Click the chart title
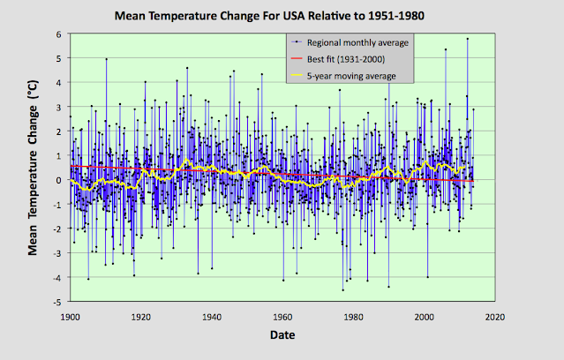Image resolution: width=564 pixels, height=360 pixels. [282, 16]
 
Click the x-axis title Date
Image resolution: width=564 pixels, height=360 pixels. [282, 335]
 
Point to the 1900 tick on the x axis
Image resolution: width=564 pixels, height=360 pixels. [70, 317]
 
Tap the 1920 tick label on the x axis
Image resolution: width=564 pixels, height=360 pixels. [141, 317]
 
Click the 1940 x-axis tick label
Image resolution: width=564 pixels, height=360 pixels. [212, 317]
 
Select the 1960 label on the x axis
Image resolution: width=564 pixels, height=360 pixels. [282, 317]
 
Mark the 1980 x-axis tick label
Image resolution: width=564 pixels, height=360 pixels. [354, 317]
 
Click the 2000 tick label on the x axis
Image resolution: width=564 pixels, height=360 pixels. [425, 317]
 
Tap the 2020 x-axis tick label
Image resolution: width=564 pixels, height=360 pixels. [495, 317]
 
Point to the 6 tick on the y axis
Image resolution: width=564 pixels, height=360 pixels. [58, 34]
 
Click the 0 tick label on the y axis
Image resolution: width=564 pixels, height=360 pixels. [58, 180]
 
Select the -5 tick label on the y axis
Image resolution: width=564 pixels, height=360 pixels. [56, 302]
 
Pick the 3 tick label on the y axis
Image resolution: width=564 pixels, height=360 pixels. [58, 107]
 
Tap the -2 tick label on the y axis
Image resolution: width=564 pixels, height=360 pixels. [56, 229]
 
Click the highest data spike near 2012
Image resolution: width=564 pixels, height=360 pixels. [468, 39]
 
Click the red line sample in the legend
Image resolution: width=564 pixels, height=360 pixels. [297, 59]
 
